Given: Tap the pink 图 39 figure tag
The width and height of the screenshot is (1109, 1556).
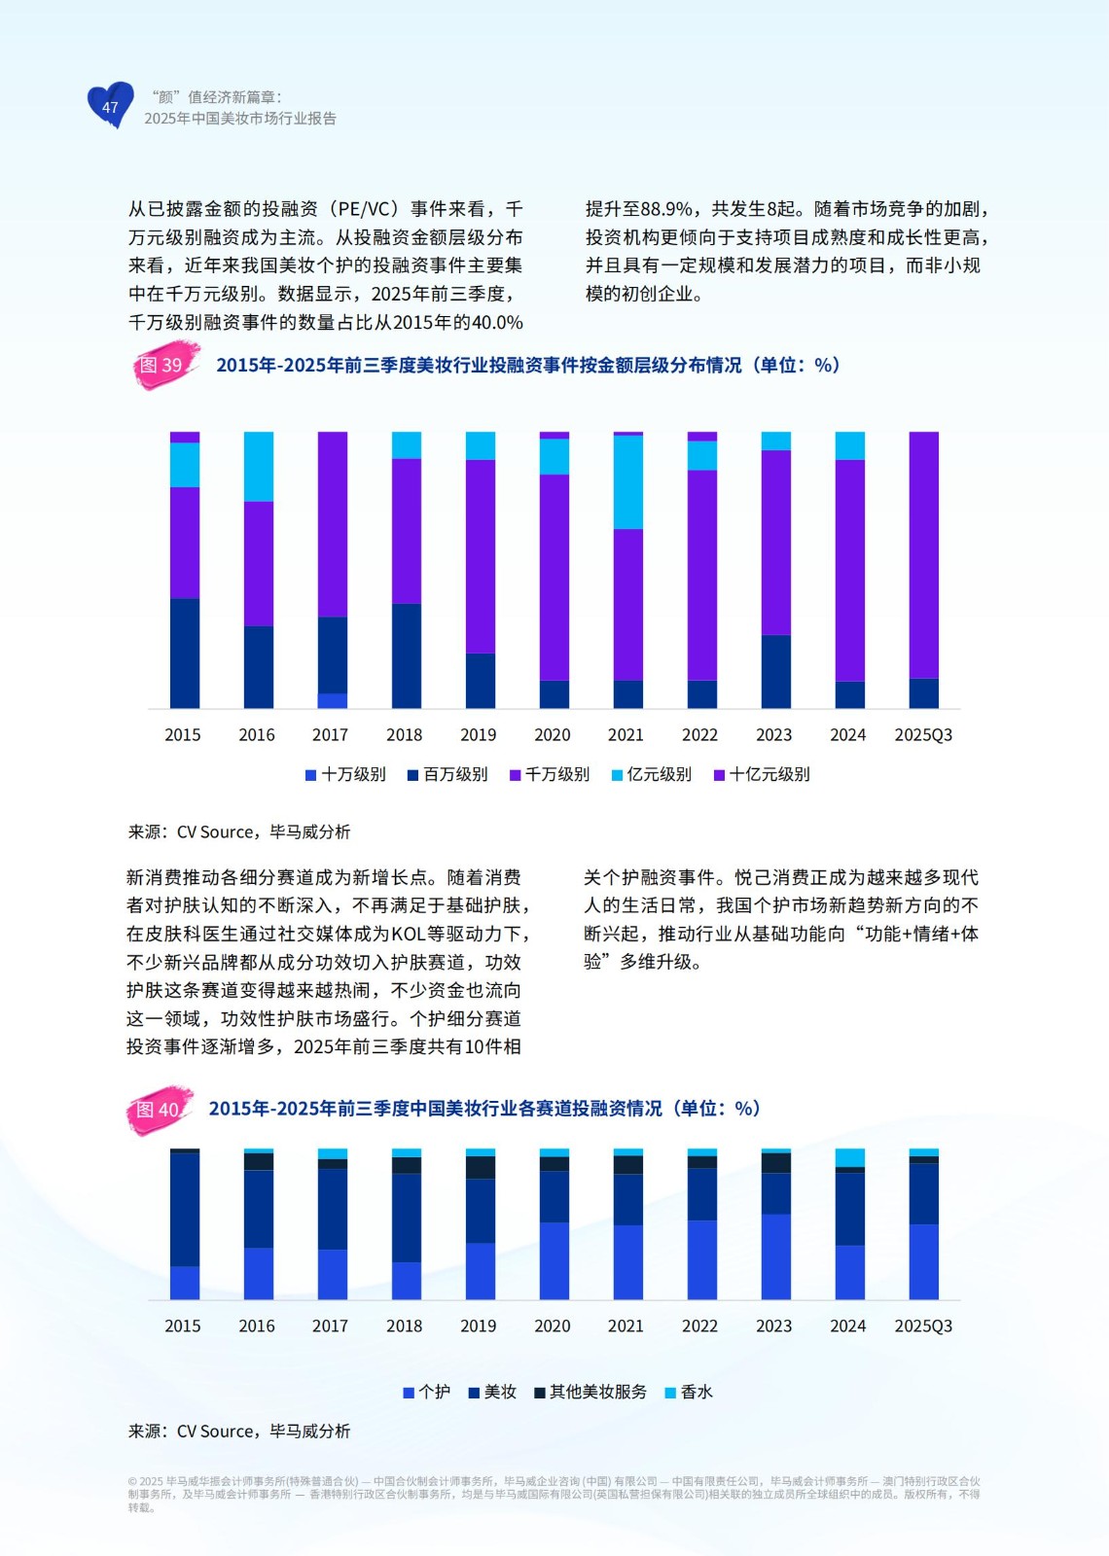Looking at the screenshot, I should point(163,365).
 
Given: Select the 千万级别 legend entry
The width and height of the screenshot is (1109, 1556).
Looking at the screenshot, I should point(550,774).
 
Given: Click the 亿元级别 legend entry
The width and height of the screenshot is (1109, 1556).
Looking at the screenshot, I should point(652,774).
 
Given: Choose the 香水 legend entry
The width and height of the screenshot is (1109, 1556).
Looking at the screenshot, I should point(689,1392).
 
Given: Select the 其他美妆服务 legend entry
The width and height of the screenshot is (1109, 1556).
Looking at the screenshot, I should point(590,1392).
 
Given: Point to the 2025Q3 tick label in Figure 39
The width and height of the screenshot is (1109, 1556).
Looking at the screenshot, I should point(923,735).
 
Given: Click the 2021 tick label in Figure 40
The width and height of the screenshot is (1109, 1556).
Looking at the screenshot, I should point(626,1326).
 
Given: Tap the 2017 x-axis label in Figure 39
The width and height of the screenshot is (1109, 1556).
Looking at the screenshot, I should point(331,735).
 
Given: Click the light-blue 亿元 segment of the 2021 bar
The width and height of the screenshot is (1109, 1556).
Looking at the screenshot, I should point(627,482).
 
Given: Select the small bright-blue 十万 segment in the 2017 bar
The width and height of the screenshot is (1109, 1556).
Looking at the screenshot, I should point(333,700).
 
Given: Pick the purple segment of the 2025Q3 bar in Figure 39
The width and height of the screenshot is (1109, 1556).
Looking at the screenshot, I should point(923,554).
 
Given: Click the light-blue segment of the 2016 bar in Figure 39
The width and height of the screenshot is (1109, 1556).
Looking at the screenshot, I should point(258,467).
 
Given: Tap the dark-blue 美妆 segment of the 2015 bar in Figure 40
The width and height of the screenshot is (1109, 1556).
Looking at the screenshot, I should point(185,1209).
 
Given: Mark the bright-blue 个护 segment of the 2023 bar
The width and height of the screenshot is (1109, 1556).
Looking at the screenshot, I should point(775,1256).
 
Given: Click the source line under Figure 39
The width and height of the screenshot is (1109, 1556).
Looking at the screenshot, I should point(239,831).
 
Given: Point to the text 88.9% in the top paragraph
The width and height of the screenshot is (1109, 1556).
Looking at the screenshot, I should point(667,209).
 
